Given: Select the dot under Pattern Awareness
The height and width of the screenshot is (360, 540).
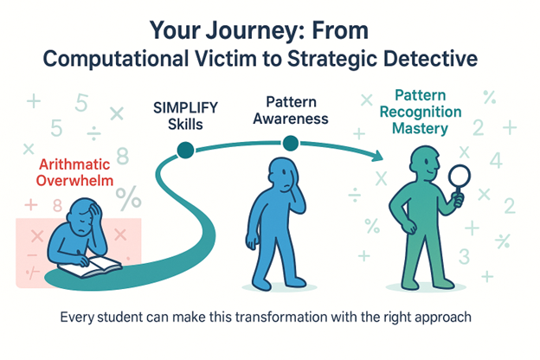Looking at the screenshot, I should coord(290,143).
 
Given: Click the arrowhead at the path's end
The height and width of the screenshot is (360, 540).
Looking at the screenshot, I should coord(378,157).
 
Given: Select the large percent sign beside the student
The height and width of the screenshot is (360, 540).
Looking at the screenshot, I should coord(130,198).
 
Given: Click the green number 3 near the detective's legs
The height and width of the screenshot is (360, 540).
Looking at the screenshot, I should coord(463,255).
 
